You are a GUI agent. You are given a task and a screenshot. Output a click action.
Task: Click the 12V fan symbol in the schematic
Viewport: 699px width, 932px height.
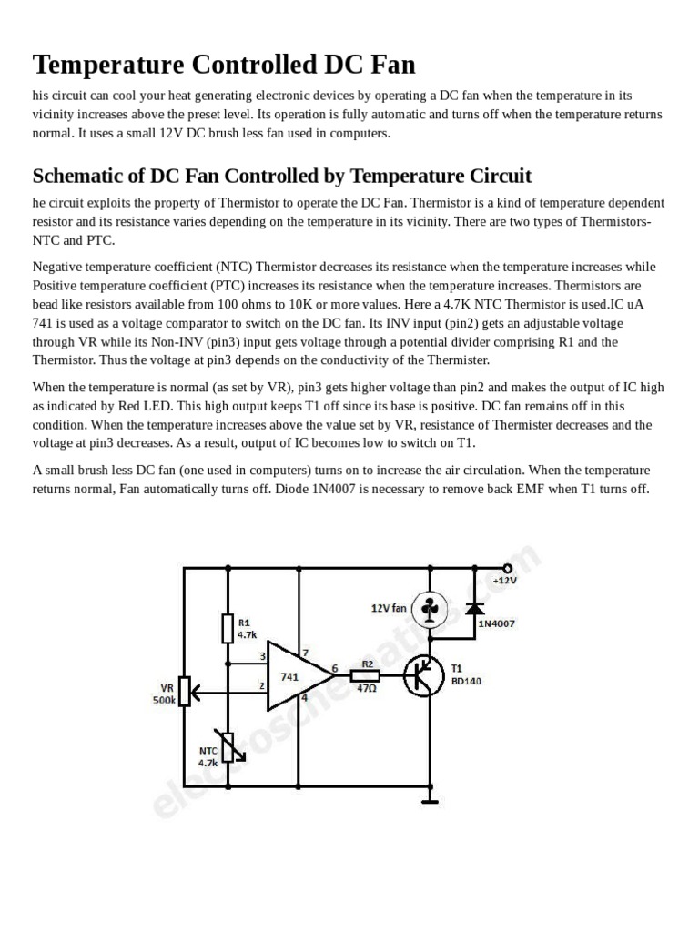[431, 608]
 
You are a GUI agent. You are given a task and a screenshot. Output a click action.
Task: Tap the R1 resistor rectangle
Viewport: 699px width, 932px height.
[228, 629]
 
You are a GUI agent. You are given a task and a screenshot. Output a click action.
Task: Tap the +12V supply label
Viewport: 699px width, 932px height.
[505, 580]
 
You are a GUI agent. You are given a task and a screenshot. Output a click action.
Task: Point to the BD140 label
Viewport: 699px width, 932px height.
[468, 680]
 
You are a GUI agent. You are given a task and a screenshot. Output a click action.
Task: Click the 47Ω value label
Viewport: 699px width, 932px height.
[368, 690]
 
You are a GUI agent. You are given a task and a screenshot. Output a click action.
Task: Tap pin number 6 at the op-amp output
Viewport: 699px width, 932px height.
[335, 668]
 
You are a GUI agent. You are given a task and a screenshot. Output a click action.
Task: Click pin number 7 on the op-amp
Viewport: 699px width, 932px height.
[306, 653]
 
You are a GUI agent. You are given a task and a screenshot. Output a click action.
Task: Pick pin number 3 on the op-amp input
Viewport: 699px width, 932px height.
[263, 655]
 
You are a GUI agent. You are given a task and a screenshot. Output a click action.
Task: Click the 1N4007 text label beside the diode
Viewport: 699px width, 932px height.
[497, 623]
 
